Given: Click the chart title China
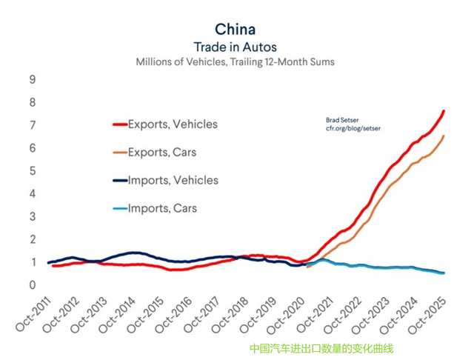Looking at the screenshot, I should [235, 29].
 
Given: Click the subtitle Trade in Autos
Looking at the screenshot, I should [235, 46].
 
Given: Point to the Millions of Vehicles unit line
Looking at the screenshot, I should [235, 61].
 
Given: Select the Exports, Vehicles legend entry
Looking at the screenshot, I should [173, 124].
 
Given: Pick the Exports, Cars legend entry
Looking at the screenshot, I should [162, 153].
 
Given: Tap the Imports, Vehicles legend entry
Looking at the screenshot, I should [173, 180].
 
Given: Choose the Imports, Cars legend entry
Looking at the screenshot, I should [162, 208].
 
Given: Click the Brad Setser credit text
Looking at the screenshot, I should [342, 119].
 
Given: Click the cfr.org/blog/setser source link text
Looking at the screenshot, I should [353, 128].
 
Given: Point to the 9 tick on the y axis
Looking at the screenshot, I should [33, 79].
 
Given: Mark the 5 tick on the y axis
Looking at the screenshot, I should [33, 171].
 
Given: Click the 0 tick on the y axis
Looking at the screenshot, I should [33, 285].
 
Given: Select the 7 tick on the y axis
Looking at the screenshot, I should [33, 125].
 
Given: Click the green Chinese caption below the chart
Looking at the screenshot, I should [321, 348].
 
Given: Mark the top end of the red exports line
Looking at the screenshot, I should [444, 111].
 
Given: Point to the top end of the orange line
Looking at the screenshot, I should [444, 136].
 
